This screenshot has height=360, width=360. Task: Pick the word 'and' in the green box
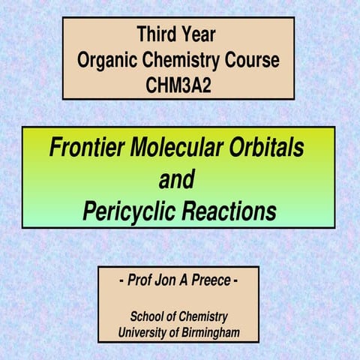tap(177, 180)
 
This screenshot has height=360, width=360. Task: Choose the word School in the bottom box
tap(148, 316)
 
